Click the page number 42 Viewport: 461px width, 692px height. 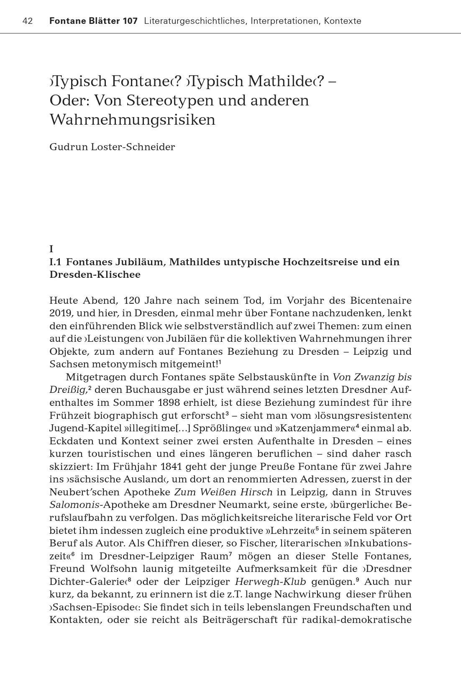coord(28,21)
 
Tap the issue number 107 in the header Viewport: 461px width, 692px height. coord(130,21)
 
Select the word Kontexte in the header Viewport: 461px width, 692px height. coord(342,21)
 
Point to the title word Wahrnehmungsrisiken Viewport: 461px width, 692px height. coord(132,120)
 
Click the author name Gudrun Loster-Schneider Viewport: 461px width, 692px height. coord(112,147)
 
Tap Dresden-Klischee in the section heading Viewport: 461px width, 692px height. coord(95,275)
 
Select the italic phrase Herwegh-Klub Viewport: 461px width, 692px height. coord(270,582)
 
